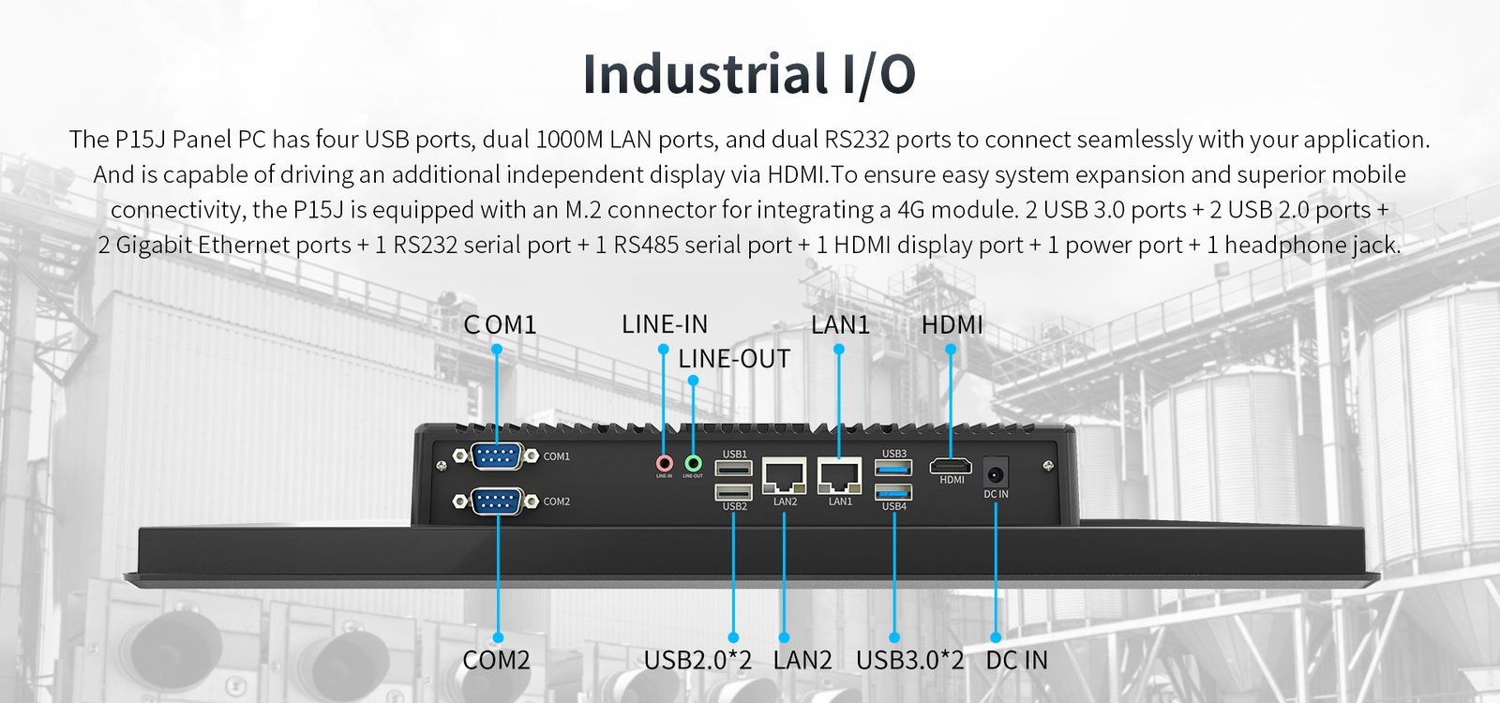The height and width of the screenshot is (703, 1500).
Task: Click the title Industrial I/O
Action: pos(749,75)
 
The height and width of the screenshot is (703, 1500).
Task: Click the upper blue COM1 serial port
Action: pos(496,456)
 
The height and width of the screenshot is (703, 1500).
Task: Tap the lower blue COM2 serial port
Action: pos(496,501)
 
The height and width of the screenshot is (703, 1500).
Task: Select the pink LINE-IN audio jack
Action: pos(664,463)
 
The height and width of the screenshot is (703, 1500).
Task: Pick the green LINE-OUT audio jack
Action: pos(693,463)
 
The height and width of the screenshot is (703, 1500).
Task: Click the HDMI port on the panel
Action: pos(951,466)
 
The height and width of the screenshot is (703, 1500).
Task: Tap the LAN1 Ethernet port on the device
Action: pos(840,476)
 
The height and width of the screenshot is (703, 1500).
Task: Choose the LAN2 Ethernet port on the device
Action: pos(785,476)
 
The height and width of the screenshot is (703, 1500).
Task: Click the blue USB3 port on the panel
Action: pos(893,468)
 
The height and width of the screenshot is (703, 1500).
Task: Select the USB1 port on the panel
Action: pos(734,468)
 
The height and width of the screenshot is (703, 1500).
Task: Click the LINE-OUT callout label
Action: pos(734,359)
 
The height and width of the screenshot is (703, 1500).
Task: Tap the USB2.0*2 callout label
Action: pos(697,660)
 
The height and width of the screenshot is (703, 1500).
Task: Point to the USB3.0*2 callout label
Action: pos(909,660)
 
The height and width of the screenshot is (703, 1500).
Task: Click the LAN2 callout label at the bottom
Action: pos(802,660)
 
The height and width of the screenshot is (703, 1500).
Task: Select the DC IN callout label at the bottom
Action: pos(1016,660)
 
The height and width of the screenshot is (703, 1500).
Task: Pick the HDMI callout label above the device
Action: pos(952,325)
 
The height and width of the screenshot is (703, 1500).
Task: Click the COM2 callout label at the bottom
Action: pos(496,660)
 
